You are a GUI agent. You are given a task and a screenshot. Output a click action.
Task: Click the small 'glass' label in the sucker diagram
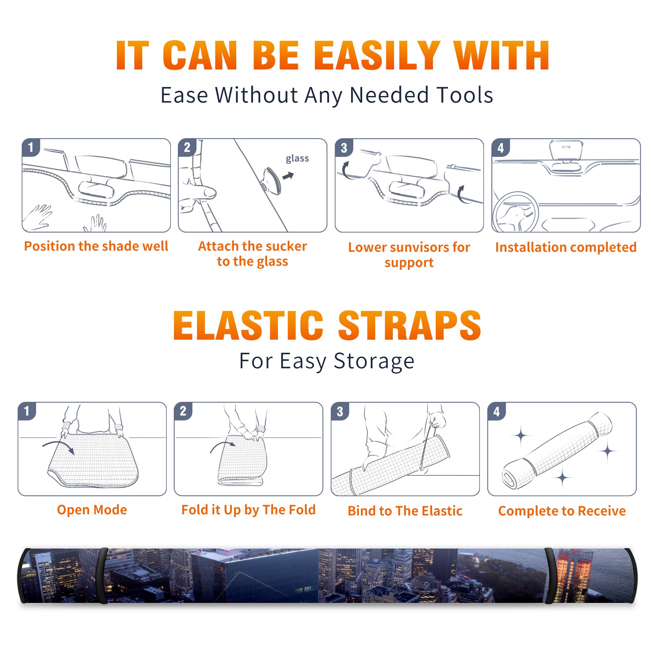[x=297, y=158]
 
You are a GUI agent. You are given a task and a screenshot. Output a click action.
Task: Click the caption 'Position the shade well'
[x=96, y=246]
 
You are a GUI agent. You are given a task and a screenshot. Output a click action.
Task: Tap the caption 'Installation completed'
[x=566, y=247]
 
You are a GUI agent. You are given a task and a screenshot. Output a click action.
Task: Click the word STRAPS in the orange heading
[x=410, y=325]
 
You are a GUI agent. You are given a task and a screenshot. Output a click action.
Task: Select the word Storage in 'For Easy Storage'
[x=374, y=361]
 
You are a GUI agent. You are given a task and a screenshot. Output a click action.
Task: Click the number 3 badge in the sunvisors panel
[x=344, y=148]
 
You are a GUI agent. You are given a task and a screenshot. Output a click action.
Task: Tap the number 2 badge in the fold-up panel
[x=183, y=411]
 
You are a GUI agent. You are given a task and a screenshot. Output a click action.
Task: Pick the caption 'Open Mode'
[x=92, y=510]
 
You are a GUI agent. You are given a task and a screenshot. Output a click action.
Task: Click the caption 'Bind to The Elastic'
[x=405, y=511]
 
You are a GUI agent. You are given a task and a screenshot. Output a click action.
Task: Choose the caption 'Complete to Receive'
[x=562, y=511]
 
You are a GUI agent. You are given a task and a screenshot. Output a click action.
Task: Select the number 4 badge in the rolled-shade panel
[x=497, y=411]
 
